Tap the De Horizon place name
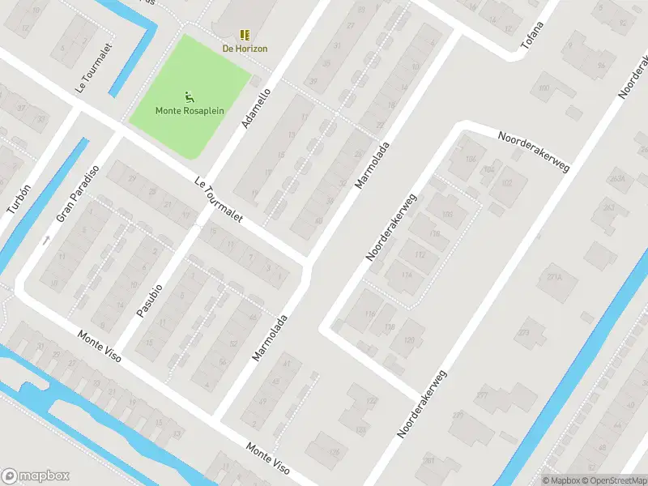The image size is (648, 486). coord(245,49)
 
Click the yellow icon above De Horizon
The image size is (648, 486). coord(245,35)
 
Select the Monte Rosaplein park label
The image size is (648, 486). coord(190,111)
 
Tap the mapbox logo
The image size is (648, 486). coord(36,476)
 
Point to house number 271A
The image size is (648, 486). coord(554,277)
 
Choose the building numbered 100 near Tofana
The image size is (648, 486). coord(544,87)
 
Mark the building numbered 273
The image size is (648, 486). coord(523,332)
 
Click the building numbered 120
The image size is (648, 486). coord(409,340)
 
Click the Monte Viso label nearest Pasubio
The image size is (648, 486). coord(100,346)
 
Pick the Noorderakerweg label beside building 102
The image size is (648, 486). coord(535,151)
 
